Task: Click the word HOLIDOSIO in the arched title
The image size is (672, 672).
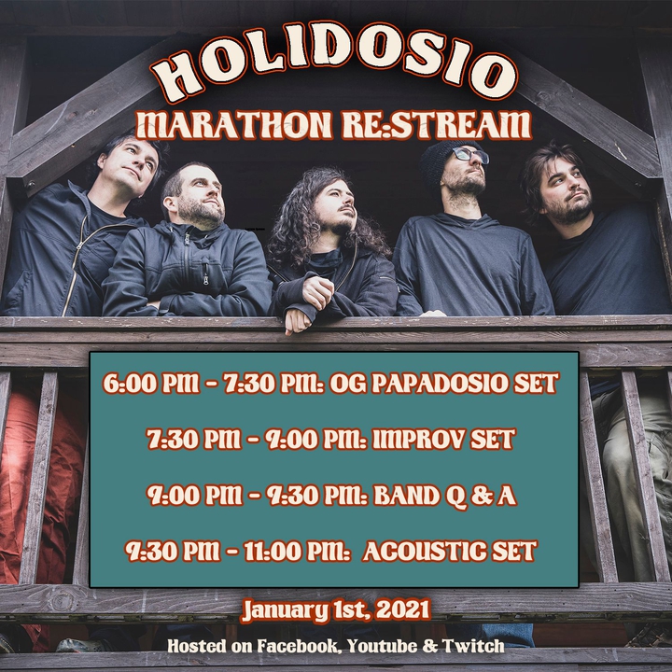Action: point(335,64)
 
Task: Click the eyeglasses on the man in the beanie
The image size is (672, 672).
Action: point(470,154)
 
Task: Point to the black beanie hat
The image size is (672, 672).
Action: point(446,161)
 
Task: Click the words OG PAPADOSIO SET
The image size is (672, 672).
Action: point(443,383)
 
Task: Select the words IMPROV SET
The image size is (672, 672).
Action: point(443,440)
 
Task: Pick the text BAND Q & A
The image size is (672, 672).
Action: point(445,496)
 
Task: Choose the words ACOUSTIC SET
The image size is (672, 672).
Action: point(450,552)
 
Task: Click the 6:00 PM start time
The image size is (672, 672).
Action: point(151,383)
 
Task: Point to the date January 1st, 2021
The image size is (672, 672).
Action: point(336,610)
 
